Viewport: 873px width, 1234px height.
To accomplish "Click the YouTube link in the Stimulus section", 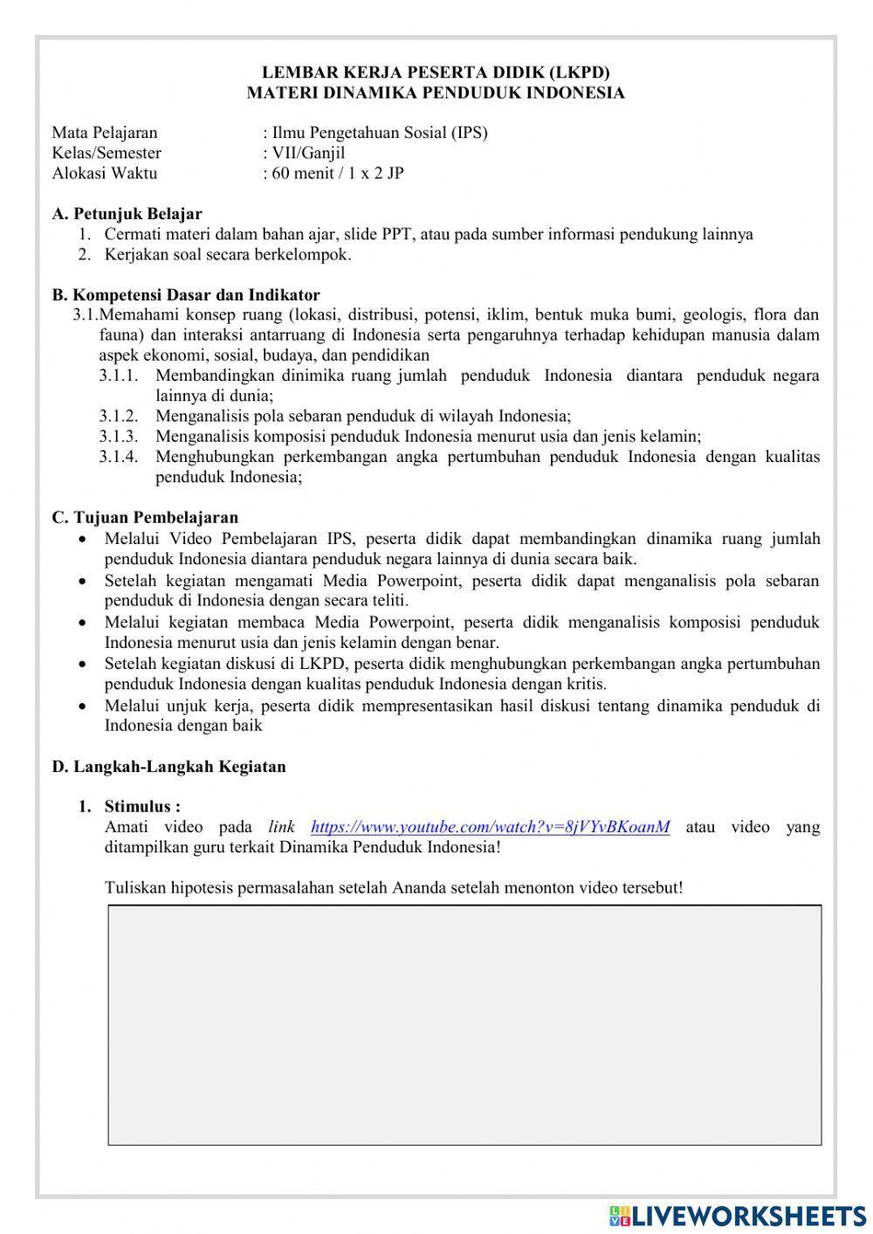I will click(x=490, y=827).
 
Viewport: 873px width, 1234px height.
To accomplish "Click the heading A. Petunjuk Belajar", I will click(x=127, y=214).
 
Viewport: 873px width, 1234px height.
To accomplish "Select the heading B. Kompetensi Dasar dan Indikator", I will click(x=185, y=295).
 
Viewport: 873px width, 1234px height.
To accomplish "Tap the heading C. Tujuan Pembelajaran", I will click(x=145, y=518).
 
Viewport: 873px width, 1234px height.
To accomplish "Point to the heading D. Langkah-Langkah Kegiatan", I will click(x=168, y=767).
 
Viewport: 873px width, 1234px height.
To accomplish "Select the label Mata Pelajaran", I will click(x=105, y=133).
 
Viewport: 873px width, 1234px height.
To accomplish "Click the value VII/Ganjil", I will click(x=308, y=153).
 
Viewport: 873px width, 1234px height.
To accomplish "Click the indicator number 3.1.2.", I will click(x=118, y=417).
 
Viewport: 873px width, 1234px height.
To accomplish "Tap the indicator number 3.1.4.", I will click(x=118, y=457).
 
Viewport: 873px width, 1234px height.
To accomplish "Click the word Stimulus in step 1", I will click(x=141, y=806).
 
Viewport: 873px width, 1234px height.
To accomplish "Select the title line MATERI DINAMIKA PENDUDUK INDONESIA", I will click(x=436, y=93).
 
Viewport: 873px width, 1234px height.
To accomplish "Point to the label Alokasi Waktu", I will click(x=105, y=173).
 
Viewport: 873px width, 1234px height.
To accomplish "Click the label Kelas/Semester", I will click(x=107, y=153).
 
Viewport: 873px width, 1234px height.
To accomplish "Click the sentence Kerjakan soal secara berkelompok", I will click(x=227, y=255).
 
